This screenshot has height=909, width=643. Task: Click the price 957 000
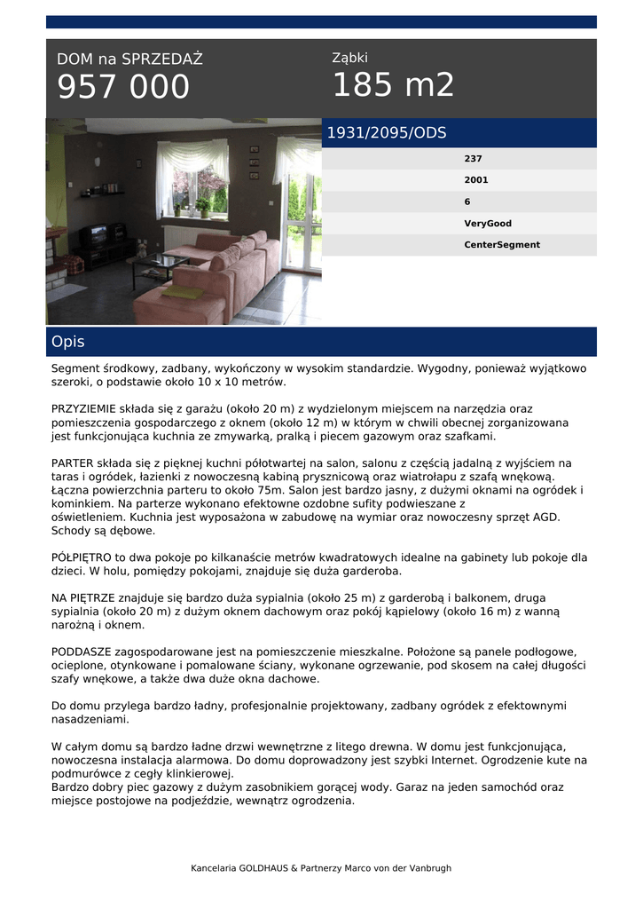pos(123,87)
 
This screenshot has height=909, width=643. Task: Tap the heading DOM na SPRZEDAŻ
pos(129,59)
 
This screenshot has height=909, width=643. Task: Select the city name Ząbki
pos(349,58)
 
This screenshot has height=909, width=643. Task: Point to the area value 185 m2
pos(393,85)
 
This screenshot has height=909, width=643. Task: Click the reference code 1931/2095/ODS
pos(387,133)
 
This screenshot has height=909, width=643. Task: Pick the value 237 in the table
pos(473,159)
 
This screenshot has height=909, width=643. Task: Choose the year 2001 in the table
pos(476,180)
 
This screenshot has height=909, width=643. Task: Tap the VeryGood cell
pos(488,224)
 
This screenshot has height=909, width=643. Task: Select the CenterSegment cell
pos(502,245)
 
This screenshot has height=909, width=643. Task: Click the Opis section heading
pos(68,342)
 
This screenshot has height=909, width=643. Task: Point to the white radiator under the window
pos(184,236)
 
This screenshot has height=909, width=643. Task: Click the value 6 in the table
pos(467,202)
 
